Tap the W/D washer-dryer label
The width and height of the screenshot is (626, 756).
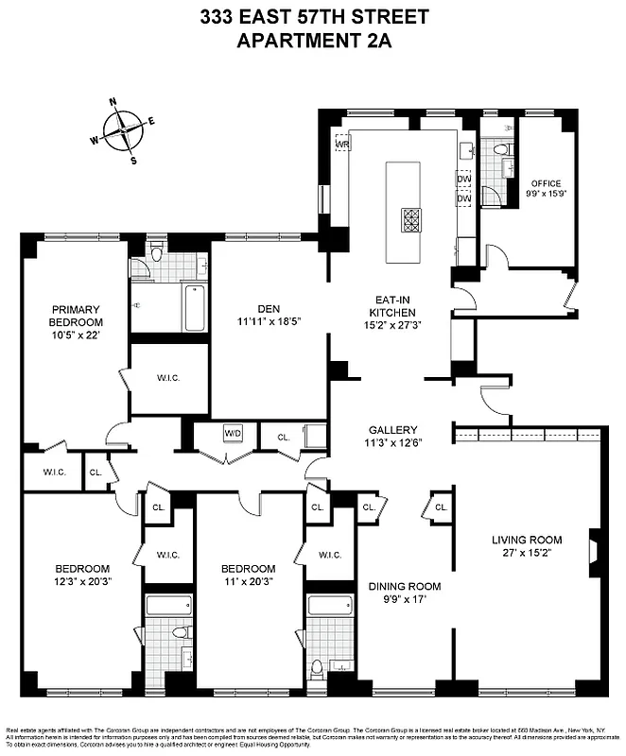233,434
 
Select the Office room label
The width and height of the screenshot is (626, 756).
546,183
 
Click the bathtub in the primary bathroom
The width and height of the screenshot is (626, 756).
194,308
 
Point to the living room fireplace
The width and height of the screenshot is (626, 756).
593,551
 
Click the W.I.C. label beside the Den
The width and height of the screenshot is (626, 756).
168,379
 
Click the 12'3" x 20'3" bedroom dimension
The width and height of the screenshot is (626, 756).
82,581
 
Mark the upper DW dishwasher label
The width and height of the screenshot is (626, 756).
463,179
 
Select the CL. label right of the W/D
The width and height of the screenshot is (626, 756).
282,438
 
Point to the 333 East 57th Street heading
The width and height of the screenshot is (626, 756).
313,17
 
